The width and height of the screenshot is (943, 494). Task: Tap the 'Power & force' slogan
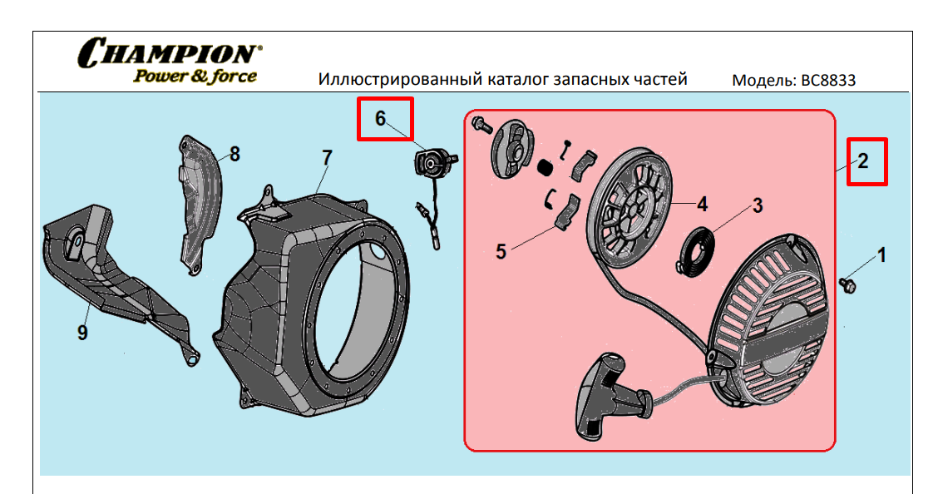(195, 76)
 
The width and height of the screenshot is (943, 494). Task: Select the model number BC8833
(827, 81)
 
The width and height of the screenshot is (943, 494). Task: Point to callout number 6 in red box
(381, 118)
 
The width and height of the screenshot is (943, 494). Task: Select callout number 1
(882, 255)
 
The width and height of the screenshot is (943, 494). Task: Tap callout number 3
(758, 205)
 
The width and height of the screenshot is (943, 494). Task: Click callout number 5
(501, 251)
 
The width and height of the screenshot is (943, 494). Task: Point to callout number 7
(327, 156)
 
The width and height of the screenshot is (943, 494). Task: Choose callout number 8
(235, 154)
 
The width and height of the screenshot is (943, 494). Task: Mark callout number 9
(82, 333)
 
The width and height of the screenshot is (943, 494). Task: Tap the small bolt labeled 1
(849, 284)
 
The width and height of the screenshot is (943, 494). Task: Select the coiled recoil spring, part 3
(697, 249)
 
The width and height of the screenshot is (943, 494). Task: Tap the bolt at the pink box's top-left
(480, 125)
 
